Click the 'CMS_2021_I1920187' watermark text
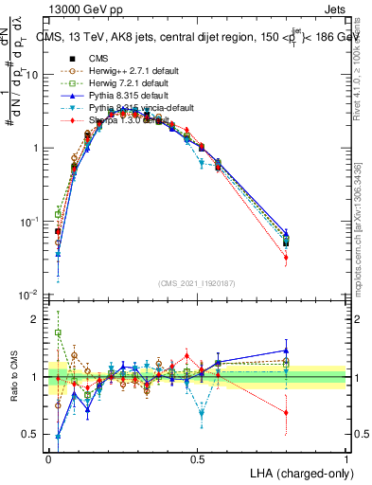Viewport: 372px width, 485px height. click(197, 284)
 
